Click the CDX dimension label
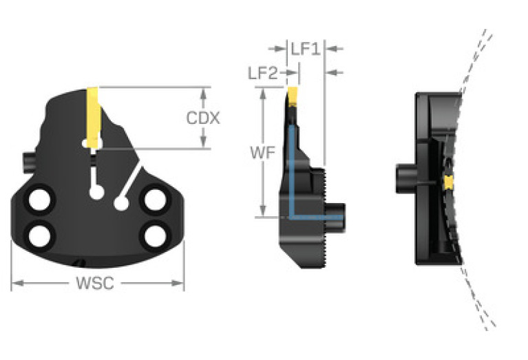click(203, 118)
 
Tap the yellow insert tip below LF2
click(292, 94)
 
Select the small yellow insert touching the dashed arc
click(449, 182)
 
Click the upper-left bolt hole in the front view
click(39, 200)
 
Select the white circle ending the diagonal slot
click(121, 203)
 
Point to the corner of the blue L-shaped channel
click(292, 215)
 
